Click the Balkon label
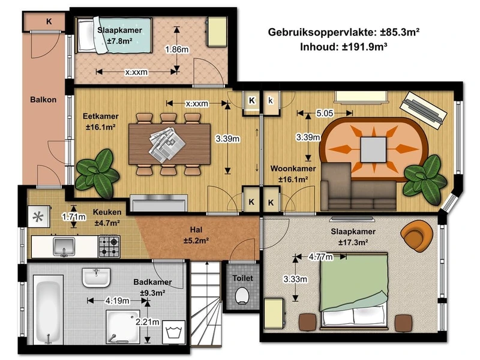[43, 100]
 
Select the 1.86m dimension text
[176, 49]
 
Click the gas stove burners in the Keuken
[109, 247]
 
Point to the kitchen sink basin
[64, 246]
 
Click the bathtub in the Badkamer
[48, 309]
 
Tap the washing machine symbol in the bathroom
[173, 332]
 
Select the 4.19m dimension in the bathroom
[117, 301]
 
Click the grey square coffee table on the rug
[373, 149]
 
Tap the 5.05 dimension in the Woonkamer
[325, 113]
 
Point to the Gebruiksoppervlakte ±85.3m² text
[343, 32]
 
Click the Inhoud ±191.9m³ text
[343, 47]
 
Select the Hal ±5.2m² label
[196, 235]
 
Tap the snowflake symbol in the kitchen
[38, 217]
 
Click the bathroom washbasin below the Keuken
[96, 278]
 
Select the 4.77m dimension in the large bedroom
[320, 257]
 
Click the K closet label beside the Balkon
[49, 22]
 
